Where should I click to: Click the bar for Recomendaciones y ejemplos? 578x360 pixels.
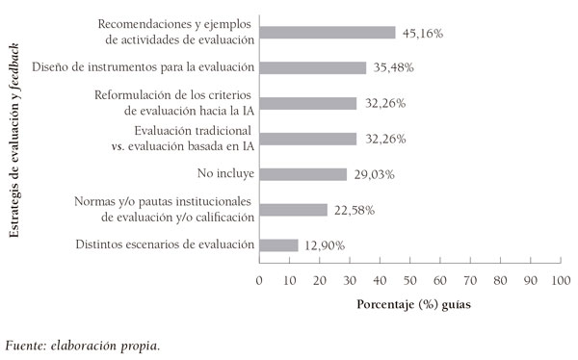[x=327, y=32]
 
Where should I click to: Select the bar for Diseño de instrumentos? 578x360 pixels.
[x=312, y=67]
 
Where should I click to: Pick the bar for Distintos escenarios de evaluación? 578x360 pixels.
[x=278, y=244]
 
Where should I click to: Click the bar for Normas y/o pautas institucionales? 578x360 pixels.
[x=293, y=209]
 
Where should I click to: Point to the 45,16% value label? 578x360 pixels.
[x=422, y=33]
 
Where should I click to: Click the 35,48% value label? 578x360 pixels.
[x=393, y=68]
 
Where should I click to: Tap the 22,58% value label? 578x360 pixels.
[x=354, y=210]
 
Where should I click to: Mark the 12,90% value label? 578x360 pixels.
[x=325, y=245]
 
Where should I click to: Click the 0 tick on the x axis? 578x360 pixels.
[x=259, y=280]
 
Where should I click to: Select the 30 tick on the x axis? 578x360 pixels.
[x=350, y=280]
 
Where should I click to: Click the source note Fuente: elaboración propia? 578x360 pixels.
[x=83, y=344]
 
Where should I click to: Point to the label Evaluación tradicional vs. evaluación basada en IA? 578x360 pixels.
[x=194, y=139]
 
